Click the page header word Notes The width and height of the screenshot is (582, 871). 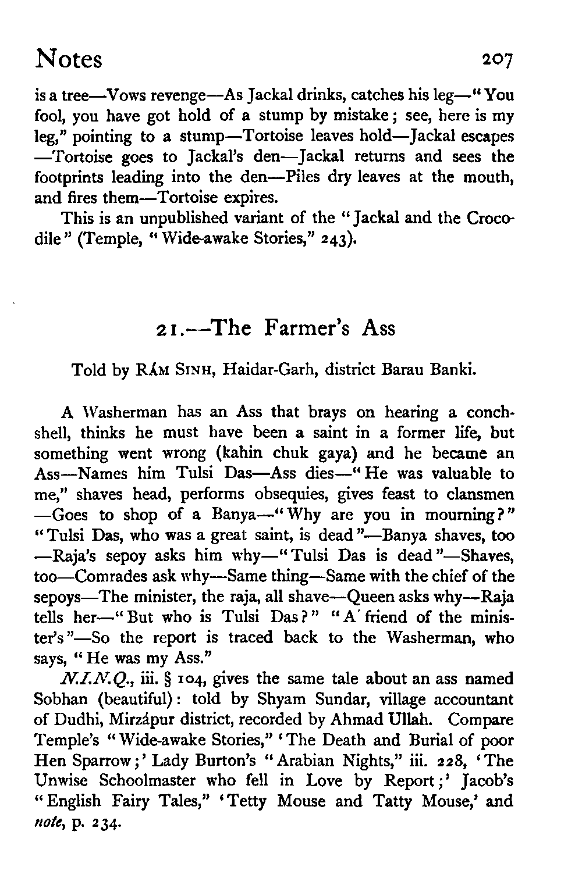(69, 59)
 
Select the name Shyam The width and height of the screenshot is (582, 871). (286, 699)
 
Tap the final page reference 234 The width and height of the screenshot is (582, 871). (107, 823)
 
